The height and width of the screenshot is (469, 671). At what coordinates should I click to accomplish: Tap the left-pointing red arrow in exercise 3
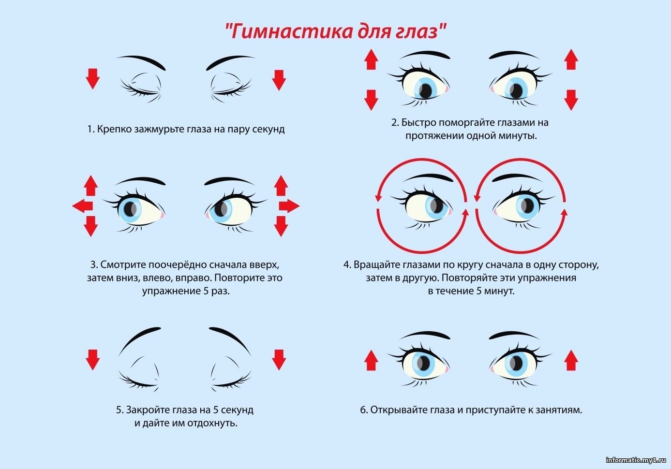[82, 206]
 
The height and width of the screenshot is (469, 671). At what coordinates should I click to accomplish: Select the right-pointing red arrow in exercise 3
[289, 206]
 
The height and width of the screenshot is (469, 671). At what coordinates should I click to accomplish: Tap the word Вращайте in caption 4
[377, 265]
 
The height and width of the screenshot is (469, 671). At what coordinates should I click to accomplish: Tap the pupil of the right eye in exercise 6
[516, 363]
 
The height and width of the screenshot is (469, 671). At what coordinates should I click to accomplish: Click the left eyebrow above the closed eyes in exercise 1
[141, 61]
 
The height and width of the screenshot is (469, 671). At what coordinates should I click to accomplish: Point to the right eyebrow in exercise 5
[230, 340]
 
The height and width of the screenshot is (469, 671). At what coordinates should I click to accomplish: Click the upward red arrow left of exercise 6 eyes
[371, 360]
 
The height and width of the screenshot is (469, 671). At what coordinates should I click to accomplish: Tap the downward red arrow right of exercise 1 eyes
[279, 80]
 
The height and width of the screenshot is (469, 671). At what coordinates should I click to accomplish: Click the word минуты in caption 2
[517, 136]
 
